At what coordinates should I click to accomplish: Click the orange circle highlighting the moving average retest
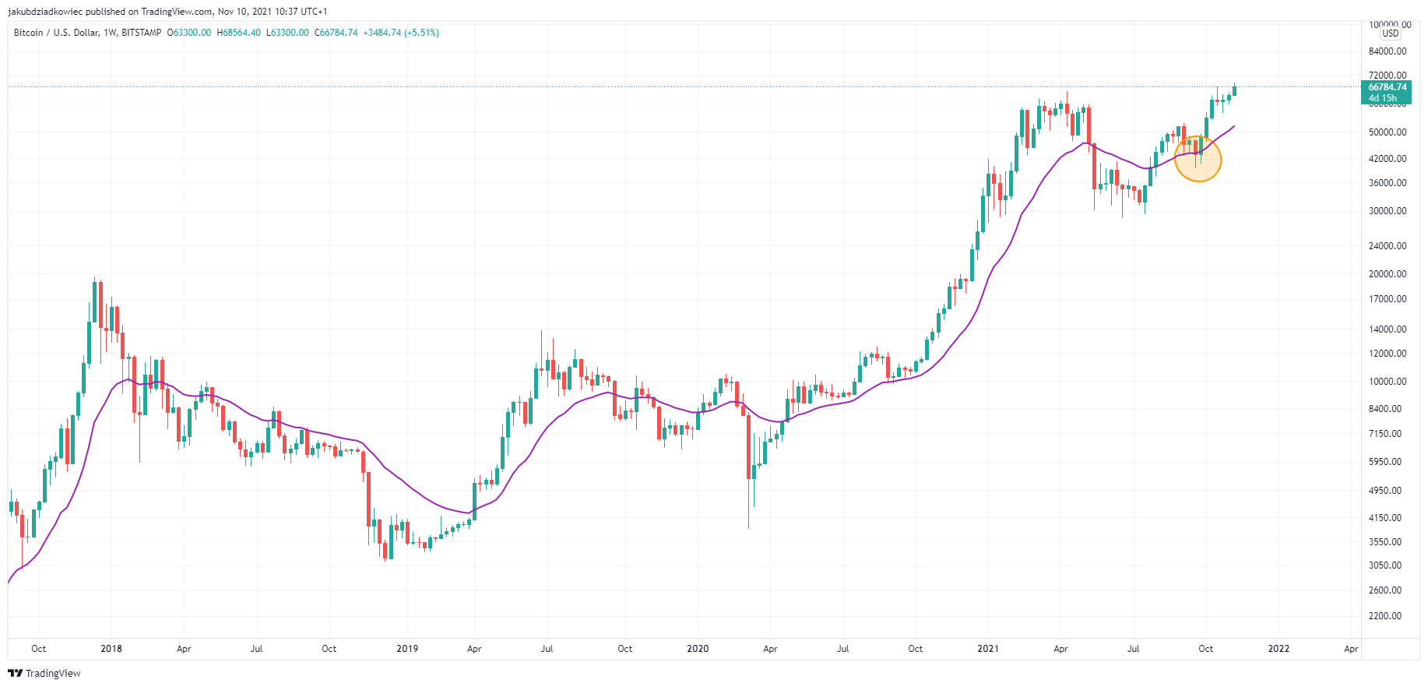pyautogui.click(x=1198, y=160)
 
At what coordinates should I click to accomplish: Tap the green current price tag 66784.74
pyautogui.click(x=1388, y=92)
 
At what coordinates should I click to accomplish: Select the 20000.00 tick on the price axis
pyautogui.click(x=1388, y=274)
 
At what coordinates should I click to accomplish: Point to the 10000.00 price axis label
pyautogui.click(x=1388, y=382)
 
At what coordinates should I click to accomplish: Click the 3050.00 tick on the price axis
pyautogui.click(x=1385, y=565)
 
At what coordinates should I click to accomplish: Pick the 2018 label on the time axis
pyautogui.click(x=111, y=649)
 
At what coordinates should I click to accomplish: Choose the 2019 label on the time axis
pyautogui.click(x=407, y=649)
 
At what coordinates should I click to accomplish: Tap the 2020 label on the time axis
pyautogui.click(x=698, y=649)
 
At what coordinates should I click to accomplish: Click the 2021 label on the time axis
pyautogui.click(x=988, y=649)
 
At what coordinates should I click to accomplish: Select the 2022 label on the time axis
pyautogui.click(x=1279, y=649)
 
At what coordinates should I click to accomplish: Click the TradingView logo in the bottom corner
pyautogui.click(x=44, y=674)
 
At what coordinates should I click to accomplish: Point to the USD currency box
pyautogui.click(x=1391, y=33)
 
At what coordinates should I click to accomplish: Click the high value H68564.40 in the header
pyautogui.click(x=238, y=33)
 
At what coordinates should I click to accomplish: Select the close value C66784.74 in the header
pyautogui.click(x=336, y=33)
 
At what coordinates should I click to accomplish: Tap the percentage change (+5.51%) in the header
pyautogui.click(x=421, y=33)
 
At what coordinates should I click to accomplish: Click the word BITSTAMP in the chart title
pyautogui.click(x=142, y=33)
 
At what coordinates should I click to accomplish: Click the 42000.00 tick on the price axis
pyautogui.click(x=1388, y=159)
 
